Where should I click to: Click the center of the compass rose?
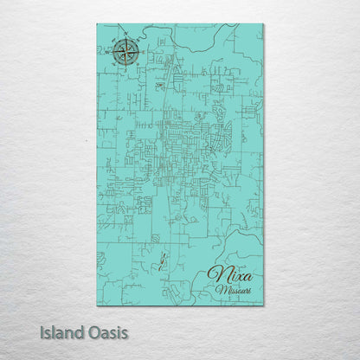(124, 53)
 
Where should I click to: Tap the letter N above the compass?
(124, 37)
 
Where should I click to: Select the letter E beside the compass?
(140, 53)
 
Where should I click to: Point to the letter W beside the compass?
(108, 54)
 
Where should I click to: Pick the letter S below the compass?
(124, 69)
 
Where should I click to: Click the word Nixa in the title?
(231, 276)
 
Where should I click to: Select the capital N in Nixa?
(216, 276)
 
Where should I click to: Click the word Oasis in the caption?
(109, 332)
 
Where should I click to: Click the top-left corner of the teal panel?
(97, 24)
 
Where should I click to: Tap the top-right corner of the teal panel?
(263, 24)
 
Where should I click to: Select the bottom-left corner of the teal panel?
(97, 305)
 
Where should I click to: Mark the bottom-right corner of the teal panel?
(263, 305)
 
